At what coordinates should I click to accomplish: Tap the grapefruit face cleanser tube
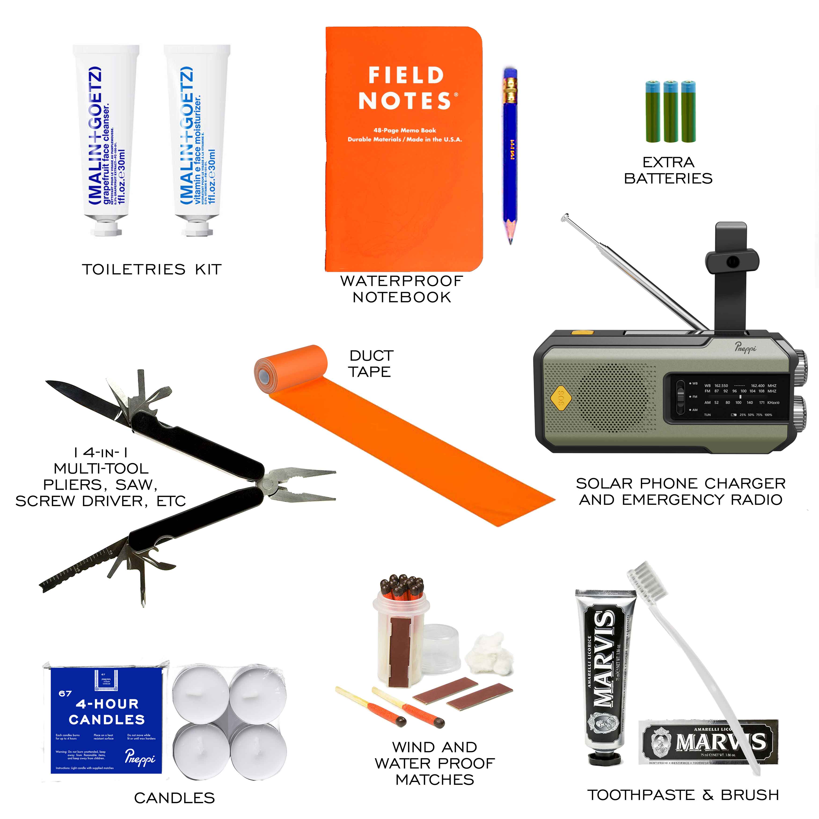[106, 136]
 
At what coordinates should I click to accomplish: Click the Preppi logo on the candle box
[140, 757]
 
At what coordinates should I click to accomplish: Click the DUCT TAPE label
[370, 364]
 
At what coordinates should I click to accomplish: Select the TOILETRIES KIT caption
[152, 270]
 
